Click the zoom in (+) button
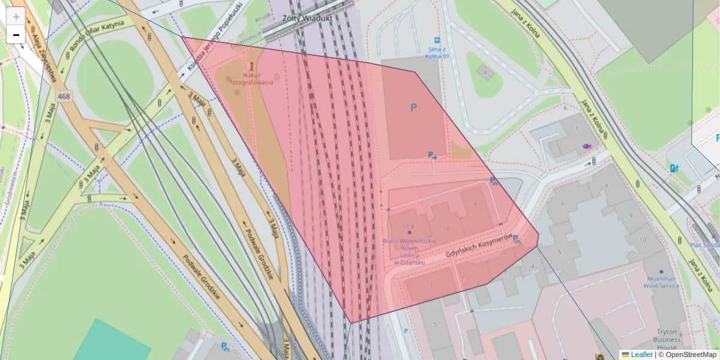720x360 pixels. [x=16, y=17]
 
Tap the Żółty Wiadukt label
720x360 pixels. [x=307, y=19]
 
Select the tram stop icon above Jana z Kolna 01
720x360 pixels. [x=437, y=41]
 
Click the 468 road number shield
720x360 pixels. [x=64, y=96]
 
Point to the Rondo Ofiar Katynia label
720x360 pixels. [x=97, y=36]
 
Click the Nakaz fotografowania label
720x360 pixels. [x=257, y=79]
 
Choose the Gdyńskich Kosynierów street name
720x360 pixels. [x=478, y=247]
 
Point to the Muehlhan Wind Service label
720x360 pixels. [x=662, y=282]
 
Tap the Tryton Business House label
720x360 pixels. [x=667, y=339]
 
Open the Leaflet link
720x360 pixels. [x=641, y=355]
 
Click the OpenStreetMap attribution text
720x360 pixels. [x=690, y=355]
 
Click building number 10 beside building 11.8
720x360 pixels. [x=446, y=229]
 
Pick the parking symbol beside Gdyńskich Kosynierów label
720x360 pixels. [x=516, y=239]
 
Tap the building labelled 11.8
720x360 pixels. [x=409, y=226]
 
